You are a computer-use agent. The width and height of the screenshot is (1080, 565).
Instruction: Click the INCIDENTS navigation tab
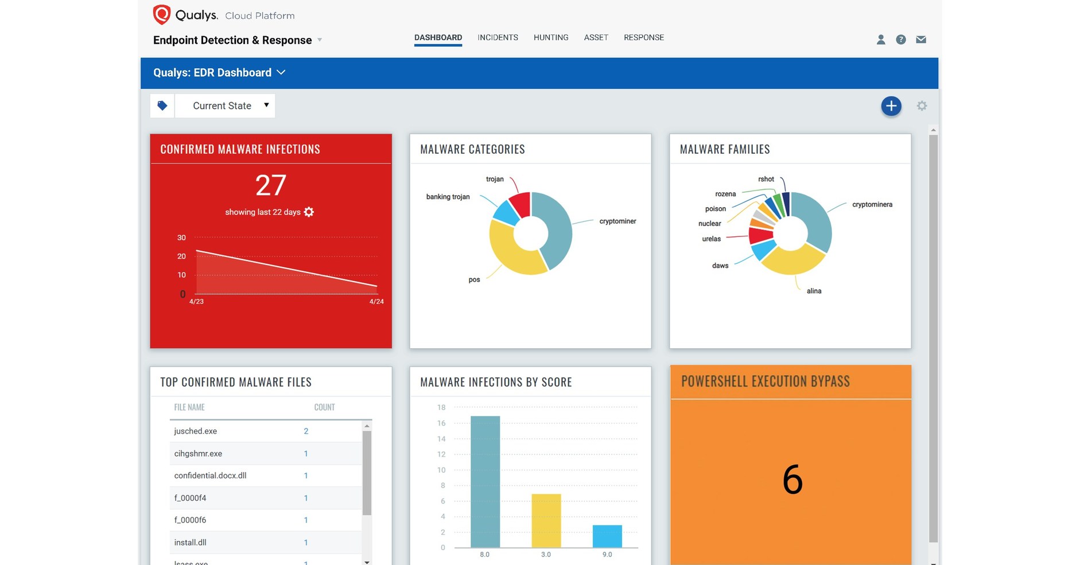(x=498, y=38)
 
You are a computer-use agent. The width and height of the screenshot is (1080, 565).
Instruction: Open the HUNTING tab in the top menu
(x=551, y=38)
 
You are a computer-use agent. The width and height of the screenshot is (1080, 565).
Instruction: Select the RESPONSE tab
(x=644, y=38)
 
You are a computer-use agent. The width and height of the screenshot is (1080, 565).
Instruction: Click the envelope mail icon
(x=921, y=40)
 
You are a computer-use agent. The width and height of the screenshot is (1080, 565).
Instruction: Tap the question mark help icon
(x=901, y=40)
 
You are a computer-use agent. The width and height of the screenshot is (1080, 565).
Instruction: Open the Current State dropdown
(x=224, y=106)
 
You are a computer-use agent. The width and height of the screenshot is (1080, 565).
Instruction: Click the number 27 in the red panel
(x=271, y=185)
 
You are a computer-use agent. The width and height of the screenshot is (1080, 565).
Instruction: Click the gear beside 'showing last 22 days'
(x=309, y=212)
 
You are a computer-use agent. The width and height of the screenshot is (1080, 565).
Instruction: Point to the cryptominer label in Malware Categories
(x=617, y=221)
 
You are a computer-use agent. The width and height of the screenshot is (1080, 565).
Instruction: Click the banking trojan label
(x=448, y=197)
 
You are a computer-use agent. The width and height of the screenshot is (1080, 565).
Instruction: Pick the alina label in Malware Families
(x=814, y=291)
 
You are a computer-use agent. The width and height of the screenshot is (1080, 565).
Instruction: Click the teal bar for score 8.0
(x=485, y=482)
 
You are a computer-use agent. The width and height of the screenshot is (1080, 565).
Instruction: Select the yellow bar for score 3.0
(x=546, y=521)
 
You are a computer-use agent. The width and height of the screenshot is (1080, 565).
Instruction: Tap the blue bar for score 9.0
(x=607, y=536)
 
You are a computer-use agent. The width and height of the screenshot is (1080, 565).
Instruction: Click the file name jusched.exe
(x=196, y=431)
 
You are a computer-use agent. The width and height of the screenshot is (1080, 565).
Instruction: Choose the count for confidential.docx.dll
(x=306, y=476)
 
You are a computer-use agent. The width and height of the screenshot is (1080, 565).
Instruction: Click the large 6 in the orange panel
(x=792, y=480)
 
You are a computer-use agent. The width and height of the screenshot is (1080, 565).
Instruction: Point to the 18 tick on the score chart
(x=441, y=407)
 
